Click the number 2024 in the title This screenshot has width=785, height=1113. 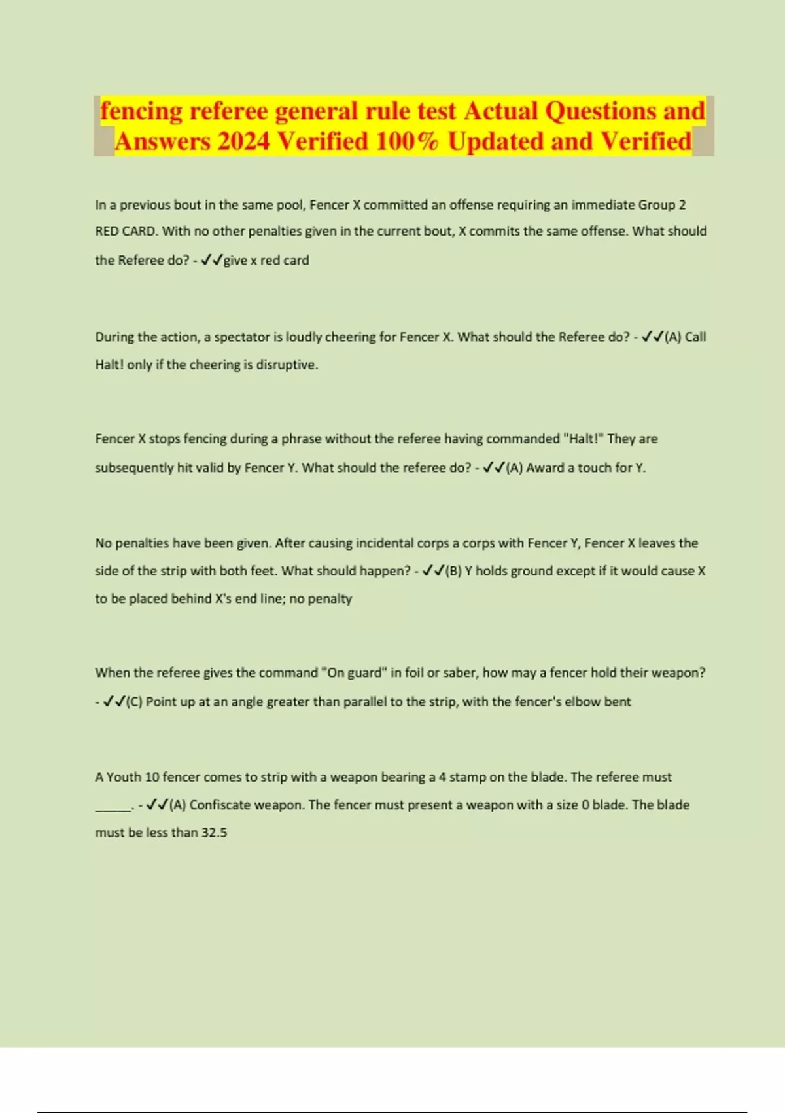pos(242,141)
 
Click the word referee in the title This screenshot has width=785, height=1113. pos(228,111)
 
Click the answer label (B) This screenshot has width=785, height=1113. pos(453,572)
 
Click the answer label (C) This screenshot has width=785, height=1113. pos(134,702)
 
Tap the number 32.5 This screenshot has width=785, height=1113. pos(214,833)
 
